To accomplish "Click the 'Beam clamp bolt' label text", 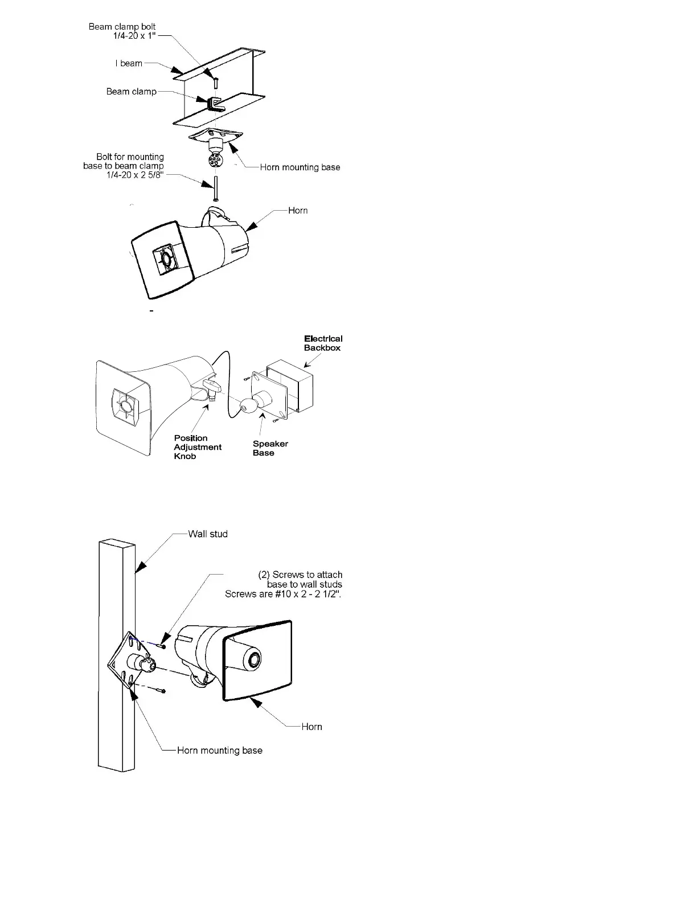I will (x=122, y=27).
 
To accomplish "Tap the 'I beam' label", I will (x=129, y=63).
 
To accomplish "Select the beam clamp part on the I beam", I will (x=215, y=104).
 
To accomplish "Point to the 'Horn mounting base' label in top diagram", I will (x=300, y=167).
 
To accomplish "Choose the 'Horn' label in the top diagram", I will (x=298, y=211).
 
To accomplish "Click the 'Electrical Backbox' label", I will (x=323, y=343).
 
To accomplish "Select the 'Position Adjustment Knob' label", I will (x=197, y=447).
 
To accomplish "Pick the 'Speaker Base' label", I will (x=270, y=448).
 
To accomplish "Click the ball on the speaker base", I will (x=249, y=405).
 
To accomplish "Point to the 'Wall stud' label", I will (x=208, y=534).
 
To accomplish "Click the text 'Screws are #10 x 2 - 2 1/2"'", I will (x=283, y=594).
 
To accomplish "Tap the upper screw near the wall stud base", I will (x=162, y=645).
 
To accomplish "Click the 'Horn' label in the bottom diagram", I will (x=311, y=727).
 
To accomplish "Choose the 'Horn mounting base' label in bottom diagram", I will (x=220, y=751).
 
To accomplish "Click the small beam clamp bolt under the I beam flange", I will (x=216, y=81).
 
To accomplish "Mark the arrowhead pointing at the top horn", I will (x=251, y=226).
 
